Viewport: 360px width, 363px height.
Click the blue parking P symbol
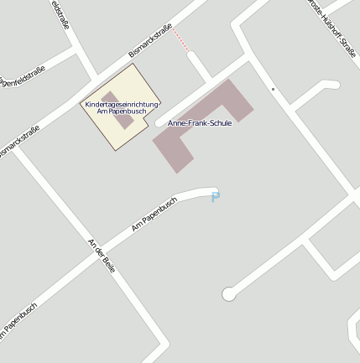tap(216, 198)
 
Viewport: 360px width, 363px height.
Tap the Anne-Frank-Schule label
tap(200, 123)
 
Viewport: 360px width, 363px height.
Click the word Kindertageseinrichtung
tap(122, 104)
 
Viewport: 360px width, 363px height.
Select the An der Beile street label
tap(101, 253)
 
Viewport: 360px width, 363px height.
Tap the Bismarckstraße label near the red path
tap(150, 40)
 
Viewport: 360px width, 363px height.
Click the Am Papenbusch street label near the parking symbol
tap(154, 215)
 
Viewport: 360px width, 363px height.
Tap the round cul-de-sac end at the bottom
tap(228, 293)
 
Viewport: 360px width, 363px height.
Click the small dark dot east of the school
tap(273, 89)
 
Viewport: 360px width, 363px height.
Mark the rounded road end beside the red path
tap(192, 56)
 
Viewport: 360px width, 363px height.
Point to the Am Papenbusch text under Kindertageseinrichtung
tap(122, 111)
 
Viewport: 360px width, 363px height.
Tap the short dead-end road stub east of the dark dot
tap(327, 85)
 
